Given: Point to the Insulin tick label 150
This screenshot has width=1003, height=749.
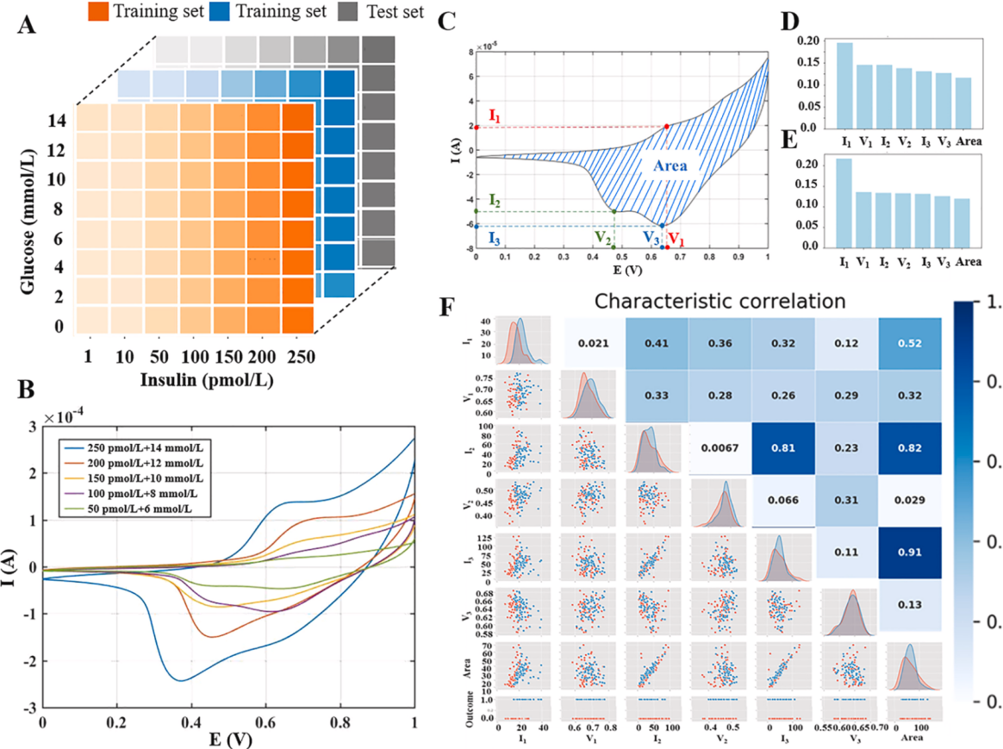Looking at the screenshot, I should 228,355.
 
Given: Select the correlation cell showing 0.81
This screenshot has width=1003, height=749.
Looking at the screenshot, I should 782,448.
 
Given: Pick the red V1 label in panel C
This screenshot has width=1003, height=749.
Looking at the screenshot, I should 677,238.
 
